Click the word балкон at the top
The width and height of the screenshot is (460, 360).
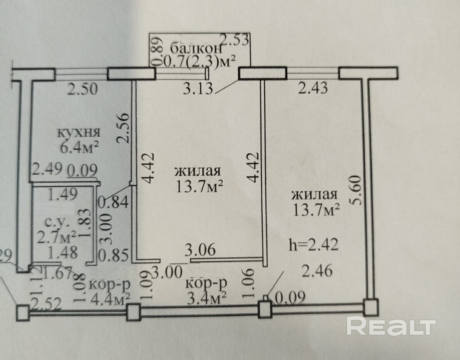point(196,49)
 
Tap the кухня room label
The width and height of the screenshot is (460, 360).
point(79,133)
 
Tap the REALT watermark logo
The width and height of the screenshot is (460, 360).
point(391,326)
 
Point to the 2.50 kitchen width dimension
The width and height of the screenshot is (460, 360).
point(82,89)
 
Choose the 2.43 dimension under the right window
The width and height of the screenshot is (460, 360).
point(313,88)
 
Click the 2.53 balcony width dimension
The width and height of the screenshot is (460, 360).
point(235,40)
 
